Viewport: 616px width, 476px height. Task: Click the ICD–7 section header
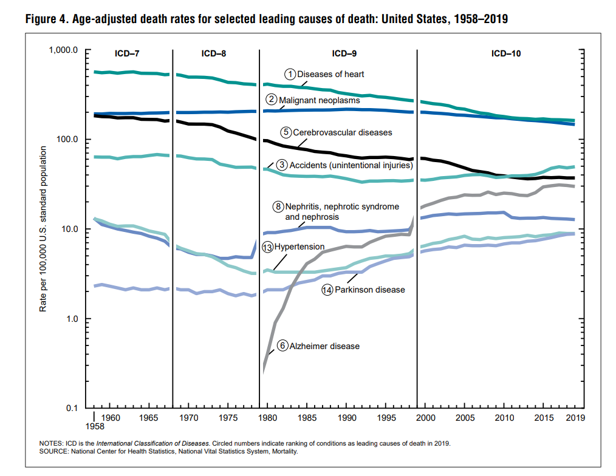tap(127, 53)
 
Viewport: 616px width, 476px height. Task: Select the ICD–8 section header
tap(214, 53)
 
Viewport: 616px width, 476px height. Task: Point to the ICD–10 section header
tap(506, 53)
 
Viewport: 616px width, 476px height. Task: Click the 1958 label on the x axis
tap(94, 427)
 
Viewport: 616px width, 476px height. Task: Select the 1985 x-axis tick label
tap(307, 418)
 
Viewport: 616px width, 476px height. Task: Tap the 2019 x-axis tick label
tap(575, 418)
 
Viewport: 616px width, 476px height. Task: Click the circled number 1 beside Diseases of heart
tap(290, 75)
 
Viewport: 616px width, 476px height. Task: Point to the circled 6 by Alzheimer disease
tap(282, 346)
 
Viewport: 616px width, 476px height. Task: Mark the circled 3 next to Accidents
tap(282, 165)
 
